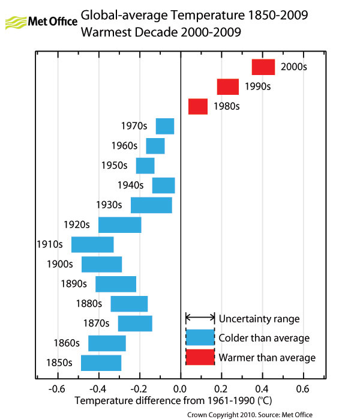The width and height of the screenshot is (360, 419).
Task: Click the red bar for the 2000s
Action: [263, 67]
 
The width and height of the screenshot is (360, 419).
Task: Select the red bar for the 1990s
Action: [228, 87]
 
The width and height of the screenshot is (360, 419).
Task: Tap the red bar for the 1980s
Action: [198, 106]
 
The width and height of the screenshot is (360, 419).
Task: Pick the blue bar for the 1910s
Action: [92, 245]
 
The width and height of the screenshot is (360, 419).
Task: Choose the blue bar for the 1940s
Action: [163, 185]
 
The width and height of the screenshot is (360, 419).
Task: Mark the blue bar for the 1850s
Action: [101, 363]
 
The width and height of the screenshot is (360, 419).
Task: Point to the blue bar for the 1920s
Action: [120, 225]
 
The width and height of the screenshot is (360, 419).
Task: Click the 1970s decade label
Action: [134, 126]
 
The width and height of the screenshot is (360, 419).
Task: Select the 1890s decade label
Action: [73, 284]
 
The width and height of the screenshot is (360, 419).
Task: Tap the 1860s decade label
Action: [67, 343]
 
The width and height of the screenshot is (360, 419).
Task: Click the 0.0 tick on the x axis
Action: [181, 387]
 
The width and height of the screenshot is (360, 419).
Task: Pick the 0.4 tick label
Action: [262, 387]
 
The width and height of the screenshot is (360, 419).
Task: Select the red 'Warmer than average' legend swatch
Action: [200, 357]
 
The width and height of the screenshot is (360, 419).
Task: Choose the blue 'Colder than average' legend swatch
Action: [200, 337]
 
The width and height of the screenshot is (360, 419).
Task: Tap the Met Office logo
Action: [41, 22]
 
